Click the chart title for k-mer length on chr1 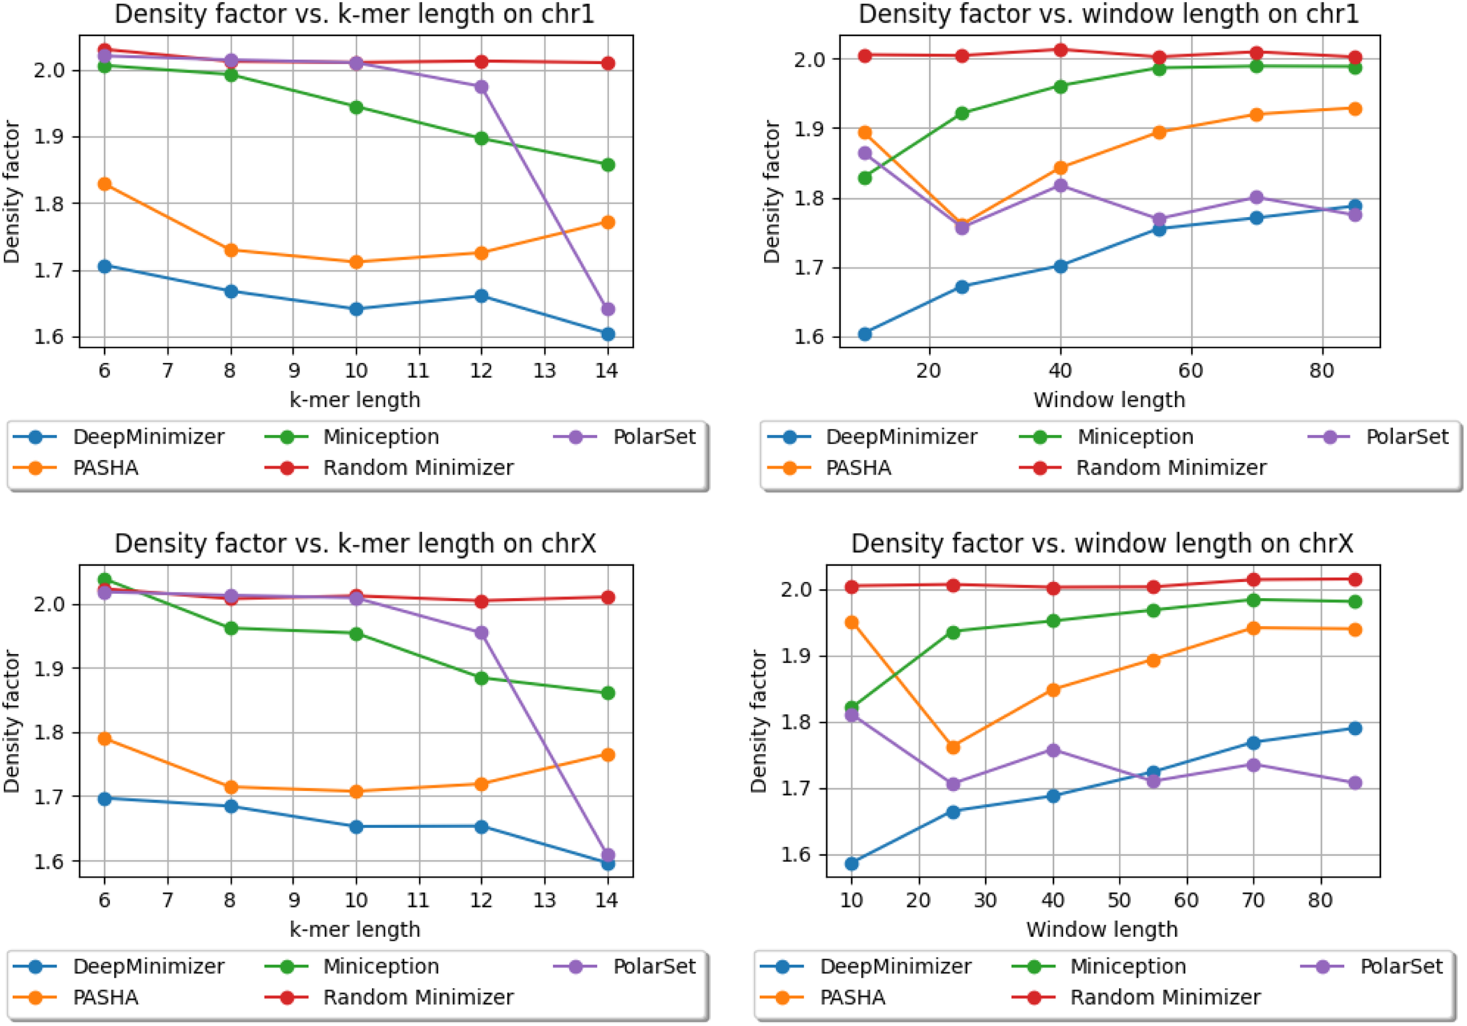click(x=355, y=14)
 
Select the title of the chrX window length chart click(x=1102, y=544)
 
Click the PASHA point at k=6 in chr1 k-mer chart click(x=104, y=184)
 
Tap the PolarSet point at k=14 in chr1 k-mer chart click(x=608, y=309)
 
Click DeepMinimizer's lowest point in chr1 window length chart click(x=865, y=334)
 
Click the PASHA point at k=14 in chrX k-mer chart click(x=608, y=755)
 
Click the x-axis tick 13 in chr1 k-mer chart click(x=544, y=371)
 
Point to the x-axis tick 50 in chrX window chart click(x=1119, y=900)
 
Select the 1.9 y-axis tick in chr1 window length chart click(x=807, y=129)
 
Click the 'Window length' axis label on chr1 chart click(x=1109, y=400)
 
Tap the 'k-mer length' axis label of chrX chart click(x=355, y=929)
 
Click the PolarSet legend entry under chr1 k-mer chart click(x=624, y=437)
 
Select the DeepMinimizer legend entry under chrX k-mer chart click(x=119, y=966)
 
